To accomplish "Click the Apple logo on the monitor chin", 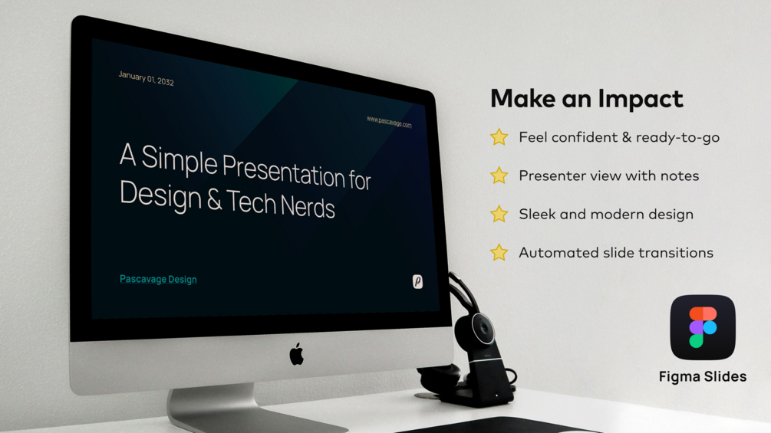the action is coord(296,354).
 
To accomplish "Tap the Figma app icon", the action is coord(703,327).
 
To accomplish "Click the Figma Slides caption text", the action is coord(703,376).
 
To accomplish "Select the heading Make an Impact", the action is coord(587,99).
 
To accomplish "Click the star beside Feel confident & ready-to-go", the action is coord(499,137).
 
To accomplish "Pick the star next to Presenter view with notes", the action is coord(499,175).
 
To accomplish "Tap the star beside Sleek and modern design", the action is coord(499,214).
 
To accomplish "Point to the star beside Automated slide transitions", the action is coord(499,252).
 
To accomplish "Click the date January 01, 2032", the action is coord(146,78).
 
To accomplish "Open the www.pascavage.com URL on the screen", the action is coord(389,122).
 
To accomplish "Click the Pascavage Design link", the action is coord(158,279).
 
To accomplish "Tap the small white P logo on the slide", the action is coord(417,281).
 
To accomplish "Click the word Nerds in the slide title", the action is coord(308,207).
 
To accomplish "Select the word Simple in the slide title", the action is coord(179,160).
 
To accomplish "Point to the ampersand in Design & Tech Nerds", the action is coord(214,200).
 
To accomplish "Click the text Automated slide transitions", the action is coord(616,253).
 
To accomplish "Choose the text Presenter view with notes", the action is coord(608,175).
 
